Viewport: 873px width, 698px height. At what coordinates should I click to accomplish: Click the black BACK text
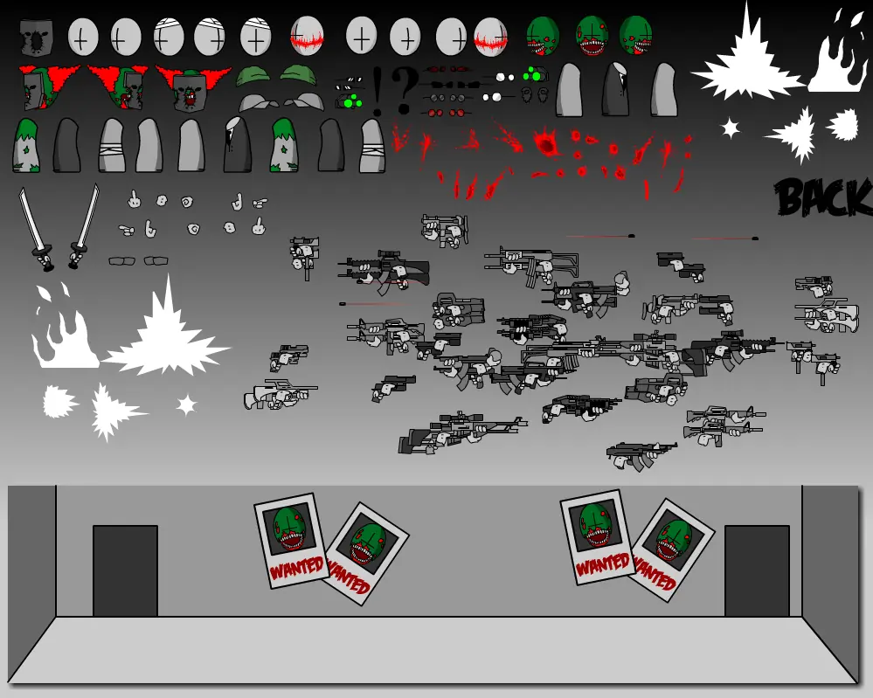tap(823, 197)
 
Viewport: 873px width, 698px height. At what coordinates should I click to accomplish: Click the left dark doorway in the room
tap(125, 570)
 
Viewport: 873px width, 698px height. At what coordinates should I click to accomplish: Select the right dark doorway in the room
tap(757, 570)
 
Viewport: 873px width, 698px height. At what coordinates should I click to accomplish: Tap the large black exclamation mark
tap(378, 91)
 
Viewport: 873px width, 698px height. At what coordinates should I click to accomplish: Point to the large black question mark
tap(404, 89)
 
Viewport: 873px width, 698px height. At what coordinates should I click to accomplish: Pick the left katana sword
tap(36, 228)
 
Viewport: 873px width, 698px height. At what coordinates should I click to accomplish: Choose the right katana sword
tap(84, 226)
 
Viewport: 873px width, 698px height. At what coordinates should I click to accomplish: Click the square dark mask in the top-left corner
tap(37, 38)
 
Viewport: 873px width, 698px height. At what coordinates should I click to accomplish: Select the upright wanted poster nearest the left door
tap(291, 541)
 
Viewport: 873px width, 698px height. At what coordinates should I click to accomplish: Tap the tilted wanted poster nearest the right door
tap(671, 550)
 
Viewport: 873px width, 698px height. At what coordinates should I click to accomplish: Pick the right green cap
tap(298, 74)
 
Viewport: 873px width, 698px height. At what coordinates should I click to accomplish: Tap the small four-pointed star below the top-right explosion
tap(730, 128)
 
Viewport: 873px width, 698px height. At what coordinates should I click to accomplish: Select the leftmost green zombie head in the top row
tap(543, 36)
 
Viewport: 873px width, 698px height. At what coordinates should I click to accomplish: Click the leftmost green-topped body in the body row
tap(27, 145)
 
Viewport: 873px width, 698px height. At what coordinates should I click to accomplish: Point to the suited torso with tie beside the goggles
tap(616, 89)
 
